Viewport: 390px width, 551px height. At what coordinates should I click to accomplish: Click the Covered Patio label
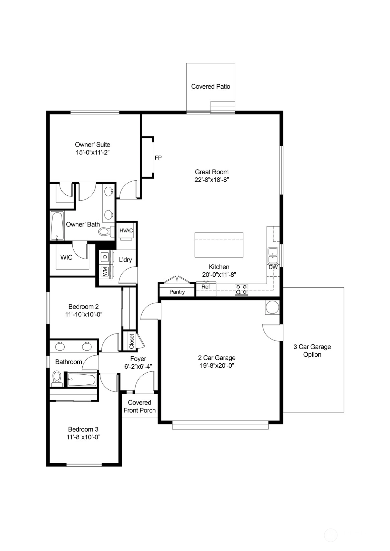pyautogui.click(x=211, y=87)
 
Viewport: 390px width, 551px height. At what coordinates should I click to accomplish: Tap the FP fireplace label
pyautogui.click(x=158, y=158)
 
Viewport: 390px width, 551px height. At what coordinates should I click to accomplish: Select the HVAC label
pyautogui.click(x=126, y=231)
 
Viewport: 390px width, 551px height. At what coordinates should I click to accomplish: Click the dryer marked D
pyautogui.click(x=105, y=257)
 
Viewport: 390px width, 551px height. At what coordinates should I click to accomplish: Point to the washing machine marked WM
pyautogui.click(x=105, y=272)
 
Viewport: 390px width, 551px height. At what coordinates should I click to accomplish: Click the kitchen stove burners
pyautogui.click(x=241, y=289)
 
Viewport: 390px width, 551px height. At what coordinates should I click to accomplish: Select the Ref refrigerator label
pyautogui.click(x=206, y=287)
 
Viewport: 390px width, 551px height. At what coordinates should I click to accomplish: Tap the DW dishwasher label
pyautogui.click(x=273, y=267)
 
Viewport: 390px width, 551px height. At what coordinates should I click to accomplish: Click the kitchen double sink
pyautogui.click(x=273, y=256)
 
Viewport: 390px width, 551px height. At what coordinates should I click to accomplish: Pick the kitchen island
pyautogui.click(x=219, y=245)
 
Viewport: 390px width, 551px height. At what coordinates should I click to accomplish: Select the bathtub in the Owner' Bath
pyautogui.click(x=57, y=226)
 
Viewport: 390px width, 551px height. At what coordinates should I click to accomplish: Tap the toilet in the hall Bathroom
pyautogui.click(x=57, y=379)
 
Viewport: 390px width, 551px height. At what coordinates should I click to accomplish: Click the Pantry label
pyautogui.click(x=177, y=292)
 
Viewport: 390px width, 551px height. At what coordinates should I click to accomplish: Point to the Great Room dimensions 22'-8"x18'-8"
pyautogui.click(x=212, y=180)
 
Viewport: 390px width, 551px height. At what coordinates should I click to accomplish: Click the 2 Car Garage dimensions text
pyautogui.click(x=217, y=366)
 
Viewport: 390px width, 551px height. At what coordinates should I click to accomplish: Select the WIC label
pyautogui.click(x=67, y=257)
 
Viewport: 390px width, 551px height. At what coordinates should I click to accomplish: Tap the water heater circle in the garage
pyautogui.click(x=272, y=307)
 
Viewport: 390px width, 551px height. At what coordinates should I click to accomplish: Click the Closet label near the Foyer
pyautogui.click(x=132, y=341)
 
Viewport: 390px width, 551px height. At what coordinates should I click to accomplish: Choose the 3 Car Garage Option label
pyautogui.click(x=312, y=351)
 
